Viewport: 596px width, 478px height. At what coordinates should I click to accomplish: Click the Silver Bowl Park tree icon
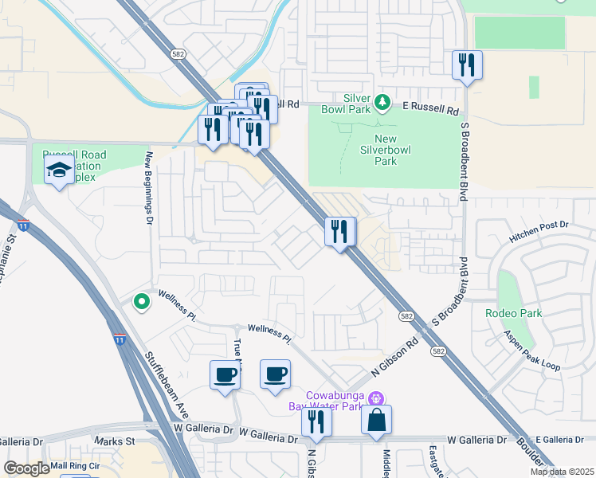(x=382, y=102)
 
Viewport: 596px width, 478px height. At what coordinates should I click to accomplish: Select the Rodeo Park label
(x=514, y=313)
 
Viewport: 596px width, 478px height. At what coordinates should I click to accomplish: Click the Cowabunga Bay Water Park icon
(x=378, y=398)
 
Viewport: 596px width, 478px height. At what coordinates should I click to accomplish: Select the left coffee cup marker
(x=225, y=374)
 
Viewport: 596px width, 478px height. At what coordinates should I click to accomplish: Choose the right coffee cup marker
(x=276, y=374)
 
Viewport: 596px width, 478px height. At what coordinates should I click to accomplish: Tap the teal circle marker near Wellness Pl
(x=141, y=301)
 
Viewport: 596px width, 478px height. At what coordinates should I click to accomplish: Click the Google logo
(x=27, y=468)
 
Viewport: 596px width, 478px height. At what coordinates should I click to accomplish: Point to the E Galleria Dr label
(x=565, y=440)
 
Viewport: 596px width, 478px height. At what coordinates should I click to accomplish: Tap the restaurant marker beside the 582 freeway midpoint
(x=340, y=232)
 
